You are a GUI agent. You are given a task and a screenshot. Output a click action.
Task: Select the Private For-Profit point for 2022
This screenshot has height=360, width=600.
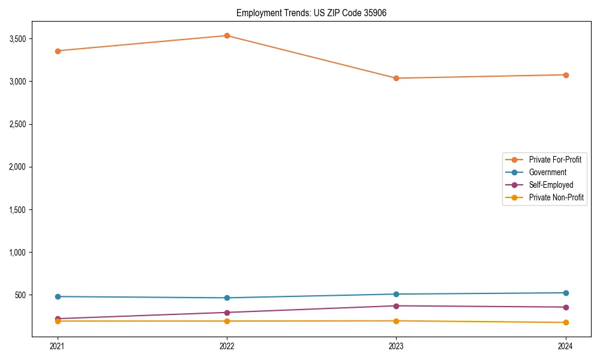click(227, 35)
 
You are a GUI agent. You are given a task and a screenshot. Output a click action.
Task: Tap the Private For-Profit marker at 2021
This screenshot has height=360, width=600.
click(58, 51)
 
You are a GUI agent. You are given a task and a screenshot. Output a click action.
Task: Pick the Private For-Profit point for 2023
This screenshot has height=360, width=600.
click(396, 78)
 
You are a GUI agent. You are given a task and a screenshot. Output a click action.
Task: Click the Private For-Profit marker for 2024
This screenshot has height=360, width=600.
click(566, 75)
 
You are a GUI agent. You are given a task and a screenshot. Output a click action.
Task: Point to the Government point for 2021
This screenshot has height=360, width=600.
click(58, 296)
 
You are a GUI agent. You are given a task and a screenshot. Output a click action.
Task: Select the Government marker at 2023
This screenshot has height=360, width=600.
click(396, 294)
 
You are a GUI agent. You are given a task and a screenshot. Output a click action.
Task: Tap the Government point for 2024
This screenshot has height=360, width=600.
click(566, 293)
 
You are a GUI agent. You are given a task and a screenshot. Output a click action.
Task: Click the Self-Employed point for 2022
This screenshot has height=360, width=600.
click(227, 313)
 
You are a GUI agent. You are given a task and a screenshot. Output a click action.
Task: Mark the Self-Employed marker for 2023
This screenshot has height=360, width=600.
click(396, 306)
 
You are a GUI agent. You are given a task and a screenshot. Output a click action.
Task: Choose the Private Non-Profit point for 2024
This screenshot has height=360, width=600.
click(566, 323)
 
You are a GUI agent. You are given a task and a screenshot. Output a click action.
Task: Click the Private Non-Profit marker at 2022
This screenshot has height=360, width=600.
click(227, 321)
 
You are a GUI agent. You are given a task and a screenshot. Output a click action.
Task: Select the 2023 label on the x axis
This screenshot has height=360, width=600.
click(396, 346)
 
